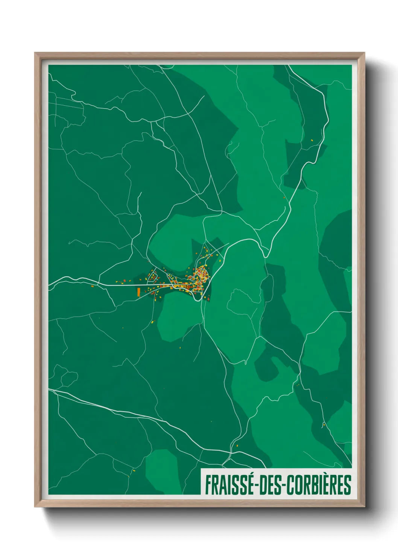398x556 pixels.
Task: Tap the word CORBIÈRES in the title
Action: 320,485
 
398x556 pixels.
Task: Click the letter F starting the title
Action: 208,485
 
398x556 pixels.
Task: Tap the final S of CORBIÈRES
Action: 348,485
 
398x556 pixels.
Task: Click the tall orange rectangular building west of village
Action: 138,292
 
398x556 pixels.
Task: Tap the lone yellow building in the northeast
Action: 312,140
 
